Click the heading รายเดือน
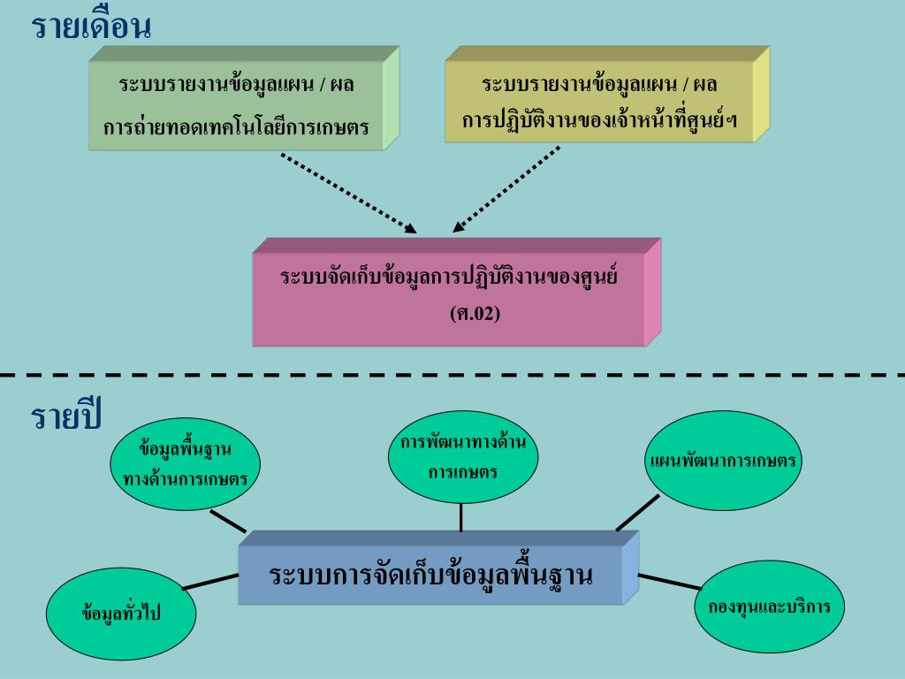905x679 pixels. tap(92, 27)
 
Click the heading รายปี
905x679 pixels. tap(66, 416)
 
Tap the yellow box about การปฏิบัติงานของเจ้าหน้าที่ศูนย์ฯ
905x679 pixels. tap(601, 102)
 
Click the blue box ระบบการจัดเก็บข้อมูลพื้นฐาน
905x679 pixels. tap(430, 574)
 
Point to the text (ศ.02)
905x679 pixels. tap(475, 312)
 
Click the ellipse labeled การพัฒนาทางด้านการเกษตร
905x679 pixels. tap(462, 457)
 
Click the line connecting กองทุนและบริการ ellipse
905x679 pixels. tap(669, 581)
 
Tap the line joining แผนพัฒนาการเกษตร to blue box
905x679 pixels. tap(638, 512)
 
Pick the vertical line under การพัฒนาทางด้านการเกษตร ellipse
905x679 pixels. tap(460, 517)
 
